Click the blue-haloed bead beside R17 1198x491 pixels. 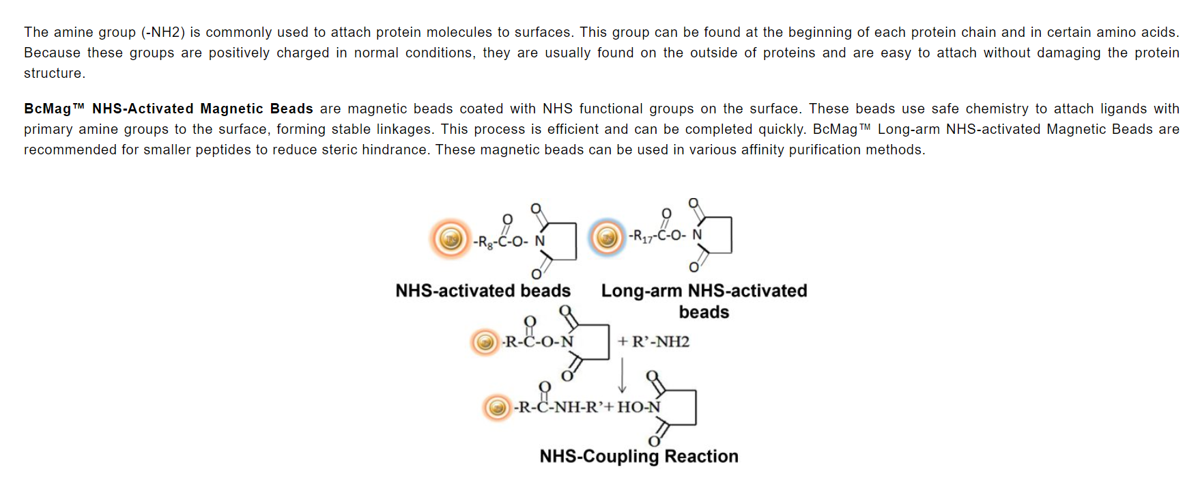(607, 237)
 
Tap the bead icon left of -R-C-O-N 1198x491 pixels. (485, 341)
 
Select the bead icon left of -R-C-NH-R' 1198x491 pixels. (498, 408)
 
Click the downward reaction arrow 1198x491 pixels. (622, 375)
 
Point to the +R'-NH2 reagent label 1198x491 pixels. (654, 341)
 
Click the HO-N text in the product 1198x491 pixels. (639, 407)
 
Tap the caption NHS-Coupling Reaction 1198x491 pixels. (639, 456)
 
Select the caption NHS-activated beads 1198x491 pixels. (483, 291)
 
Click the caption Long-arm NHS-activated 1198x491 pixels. (704, 291)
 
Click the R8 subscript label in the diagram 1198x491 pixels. (485, 242)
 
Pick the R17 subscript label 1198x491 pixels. (642, 236)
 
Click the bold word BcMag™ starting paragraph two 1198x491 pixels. (54, 109)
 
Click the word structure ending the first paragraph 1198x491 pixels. (54, 73)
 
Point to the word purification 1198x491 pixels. (825, 150)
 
